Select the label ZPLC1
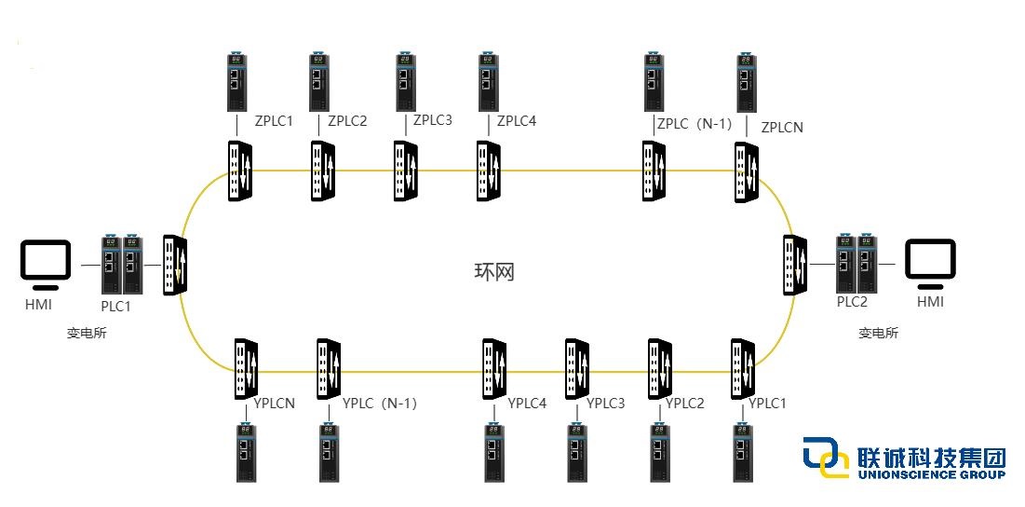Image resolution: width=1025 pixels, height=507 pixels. [274, 121]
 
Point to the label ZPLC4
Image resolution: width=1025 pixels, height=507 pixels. [517, 120]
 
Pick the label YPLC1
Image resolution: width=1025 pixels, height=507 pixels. [768, 404]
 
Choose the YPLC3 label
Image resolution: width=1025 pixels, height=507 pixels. [606, 404]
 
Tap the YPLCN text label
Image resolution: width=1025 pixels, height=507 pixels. [275, 404]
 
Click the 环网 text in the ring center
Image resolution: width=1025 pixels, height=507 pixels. [493, 272]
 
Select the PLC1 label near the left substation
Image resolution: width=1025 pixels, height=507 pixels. [115, 306]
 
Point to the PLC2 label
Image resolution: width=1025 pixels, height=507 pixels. [852, 301]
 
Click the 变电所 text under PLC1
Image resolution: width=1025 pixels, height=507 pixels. [87, 334]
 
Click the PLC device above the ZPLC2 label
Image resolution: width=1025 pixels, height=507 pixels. [318, 84]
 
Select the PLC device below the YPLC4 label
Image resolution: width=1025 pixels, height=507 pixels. [492, 453]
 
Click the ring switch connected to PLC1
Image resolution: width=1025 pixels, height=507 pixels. [174, 266]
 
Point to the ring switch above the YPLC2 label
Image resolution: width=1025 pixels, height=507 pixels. [660, 368]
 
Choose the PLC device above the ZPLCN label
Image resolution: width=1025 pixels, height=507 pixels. [746, 84]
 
